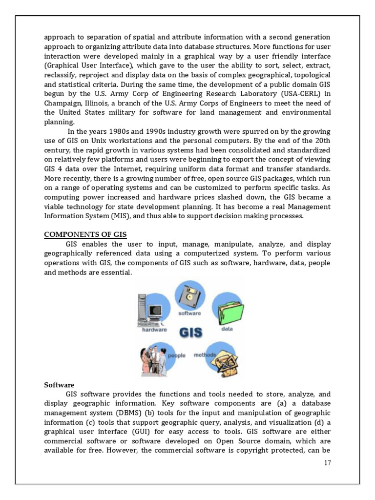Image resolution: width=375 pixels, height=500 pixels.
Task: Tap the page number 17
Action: pos(327,463)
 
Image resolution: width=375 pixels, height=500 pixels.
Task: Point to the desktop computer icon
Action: pos(152,310)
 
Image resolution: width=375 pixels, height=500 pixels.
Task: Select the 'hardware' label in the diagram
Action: pos(154,330)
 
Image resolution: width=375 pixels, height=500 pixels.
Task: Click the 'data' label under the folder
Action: pos(227,329)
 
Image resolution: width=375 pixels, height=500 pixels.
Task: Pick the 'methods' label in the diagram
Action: pos(205,355)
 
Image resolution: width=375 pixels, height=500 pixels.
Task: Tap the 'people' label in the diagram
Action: pos(177,355)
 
